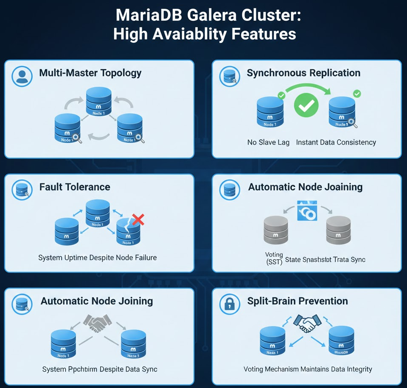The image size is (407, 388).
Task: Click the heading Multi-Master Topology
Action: point(90,73)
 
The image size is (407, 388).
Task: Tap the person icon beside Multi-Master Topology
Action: point(21,76)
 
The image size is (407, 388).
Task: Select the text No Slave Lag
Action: point(268,142)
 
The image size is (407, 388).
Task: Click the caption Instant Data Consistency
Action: point(336,142)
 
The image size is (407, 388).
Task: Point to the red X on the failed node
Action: point(138,219)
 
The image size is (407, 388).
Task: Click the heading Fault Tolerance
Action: point(75,187)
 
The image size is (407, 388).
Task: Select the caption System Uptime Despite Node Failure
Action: point(97,257)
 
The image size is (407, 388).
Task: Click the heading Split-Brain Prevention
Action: point(298,301)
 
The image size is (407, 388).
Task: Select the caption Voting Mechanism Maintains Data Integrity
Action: point(308,369)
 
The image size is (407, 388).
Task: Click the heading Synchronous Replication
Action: point(303,73)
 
